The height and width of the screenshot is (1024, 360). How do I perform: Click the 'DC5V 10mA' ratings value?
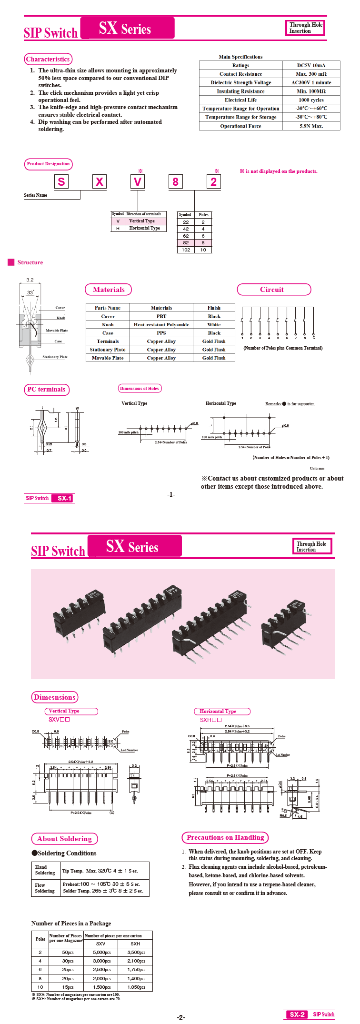pyautogui.click(x=311, y=65)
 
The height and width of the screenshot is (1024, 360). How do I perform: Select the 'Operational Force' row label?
pyautogui.click(x=240, y=126)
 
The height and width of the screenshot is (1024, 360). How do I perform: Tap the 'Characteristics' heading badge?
pyautogui.click(x=48, y=59)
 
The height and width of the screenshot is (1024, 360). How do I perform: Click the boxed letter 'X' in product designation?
pyautogui.click(x=99, y=181)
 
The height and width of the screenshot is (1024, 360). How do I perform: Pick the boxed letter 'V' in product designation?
pyautogui.click(x=137, y=181)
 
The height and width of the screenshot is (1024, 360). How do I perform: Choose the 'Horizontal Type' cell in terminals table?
pyautogui.click(x=144, y=228)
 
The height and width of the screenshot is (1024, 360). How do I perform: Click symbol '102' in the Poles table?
pyautogui.click(x=186, y=250)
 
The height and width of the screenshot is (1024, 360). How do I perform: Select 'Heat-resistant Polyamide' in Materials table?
pyautogui.click(x=161, y=325)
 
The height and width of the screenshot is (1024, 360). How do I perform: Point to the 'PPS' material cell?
pyautogui.click(x=161, y=333)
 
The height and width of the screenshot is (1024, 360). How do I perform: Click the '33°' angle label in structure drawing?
pyautogui.click(x=30, y=292)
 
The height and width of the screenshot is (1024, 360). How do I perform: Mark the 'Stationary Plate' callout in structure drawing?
pyautogui.click(x=55, y=357)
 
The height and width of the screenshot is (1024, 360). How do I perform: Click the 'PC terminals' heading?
pyautogui.click(x=46, y=390)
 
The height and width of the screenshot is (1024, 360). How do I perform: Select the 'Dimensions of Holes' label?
pyautogui.click(x=140, y=389)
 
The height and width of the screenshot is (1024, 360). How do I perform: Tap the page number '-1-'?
pyautogui.click(x=171, y=494)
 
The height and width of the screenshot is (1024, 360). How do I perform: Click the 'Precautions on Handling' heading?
pyautogui.click(x=225, y=837)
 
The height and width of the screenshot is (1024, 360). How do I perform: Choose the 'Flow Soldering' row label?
pyautogui.click(x=45, y=888)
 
